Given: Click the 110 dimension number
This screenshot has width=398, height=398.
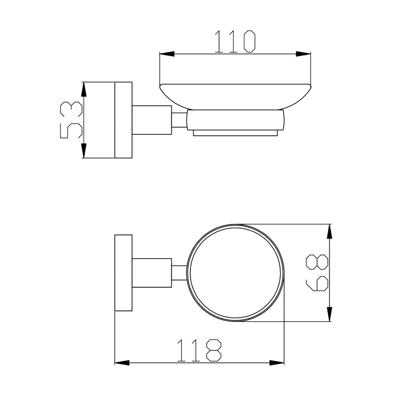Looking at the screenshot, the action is tap(235, 42).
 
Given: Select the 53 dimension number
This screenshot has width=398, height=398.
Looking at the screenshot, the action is tap(71, 120).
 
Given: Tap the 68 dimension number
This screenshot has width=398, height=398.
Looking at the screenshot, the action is tap(317, 273).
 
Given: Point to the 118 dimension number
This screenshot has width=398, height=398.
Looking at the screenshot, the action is tap(199, 350).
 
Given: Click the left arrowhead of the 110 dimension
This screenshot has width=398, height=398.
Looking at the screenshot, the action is tap(167, 54).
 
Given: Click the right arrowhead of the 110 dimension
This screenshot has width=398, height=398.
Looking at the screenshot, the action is tap(303, 54).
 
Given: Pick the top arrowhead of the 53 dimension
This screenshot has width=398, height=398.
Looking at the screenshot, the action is tap(84, 89).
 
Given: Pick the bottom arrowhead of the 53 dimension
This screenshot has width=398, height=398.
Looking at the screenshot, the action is tap(84, 151).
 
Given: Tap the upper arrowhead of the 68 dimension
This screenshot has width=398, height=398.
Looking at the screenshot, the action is tap(329, 231).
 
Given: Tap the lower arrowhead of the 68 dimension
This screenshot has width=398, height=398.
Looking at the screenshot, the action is tap(329, 314).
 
